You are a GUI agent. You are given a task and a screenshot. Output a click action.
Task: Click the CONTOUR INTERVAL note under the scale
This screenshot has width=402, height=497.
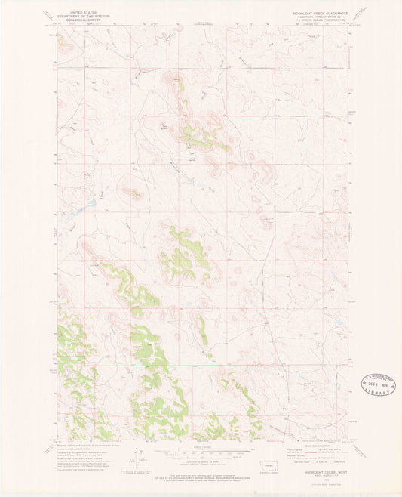tap(201, 461)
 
